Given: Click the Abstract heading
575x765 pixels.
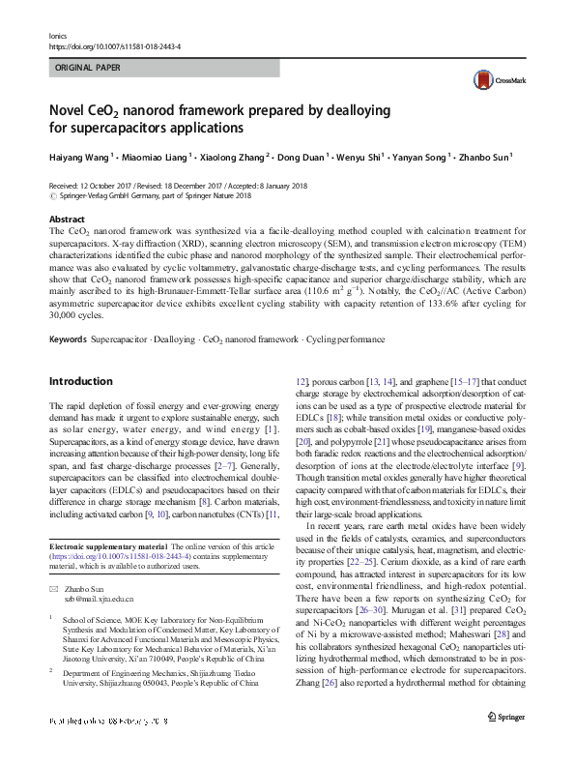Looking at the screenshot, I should tap(67, 221).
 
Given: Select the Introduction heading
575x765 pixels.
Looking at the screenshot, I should tap(80, 381).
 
